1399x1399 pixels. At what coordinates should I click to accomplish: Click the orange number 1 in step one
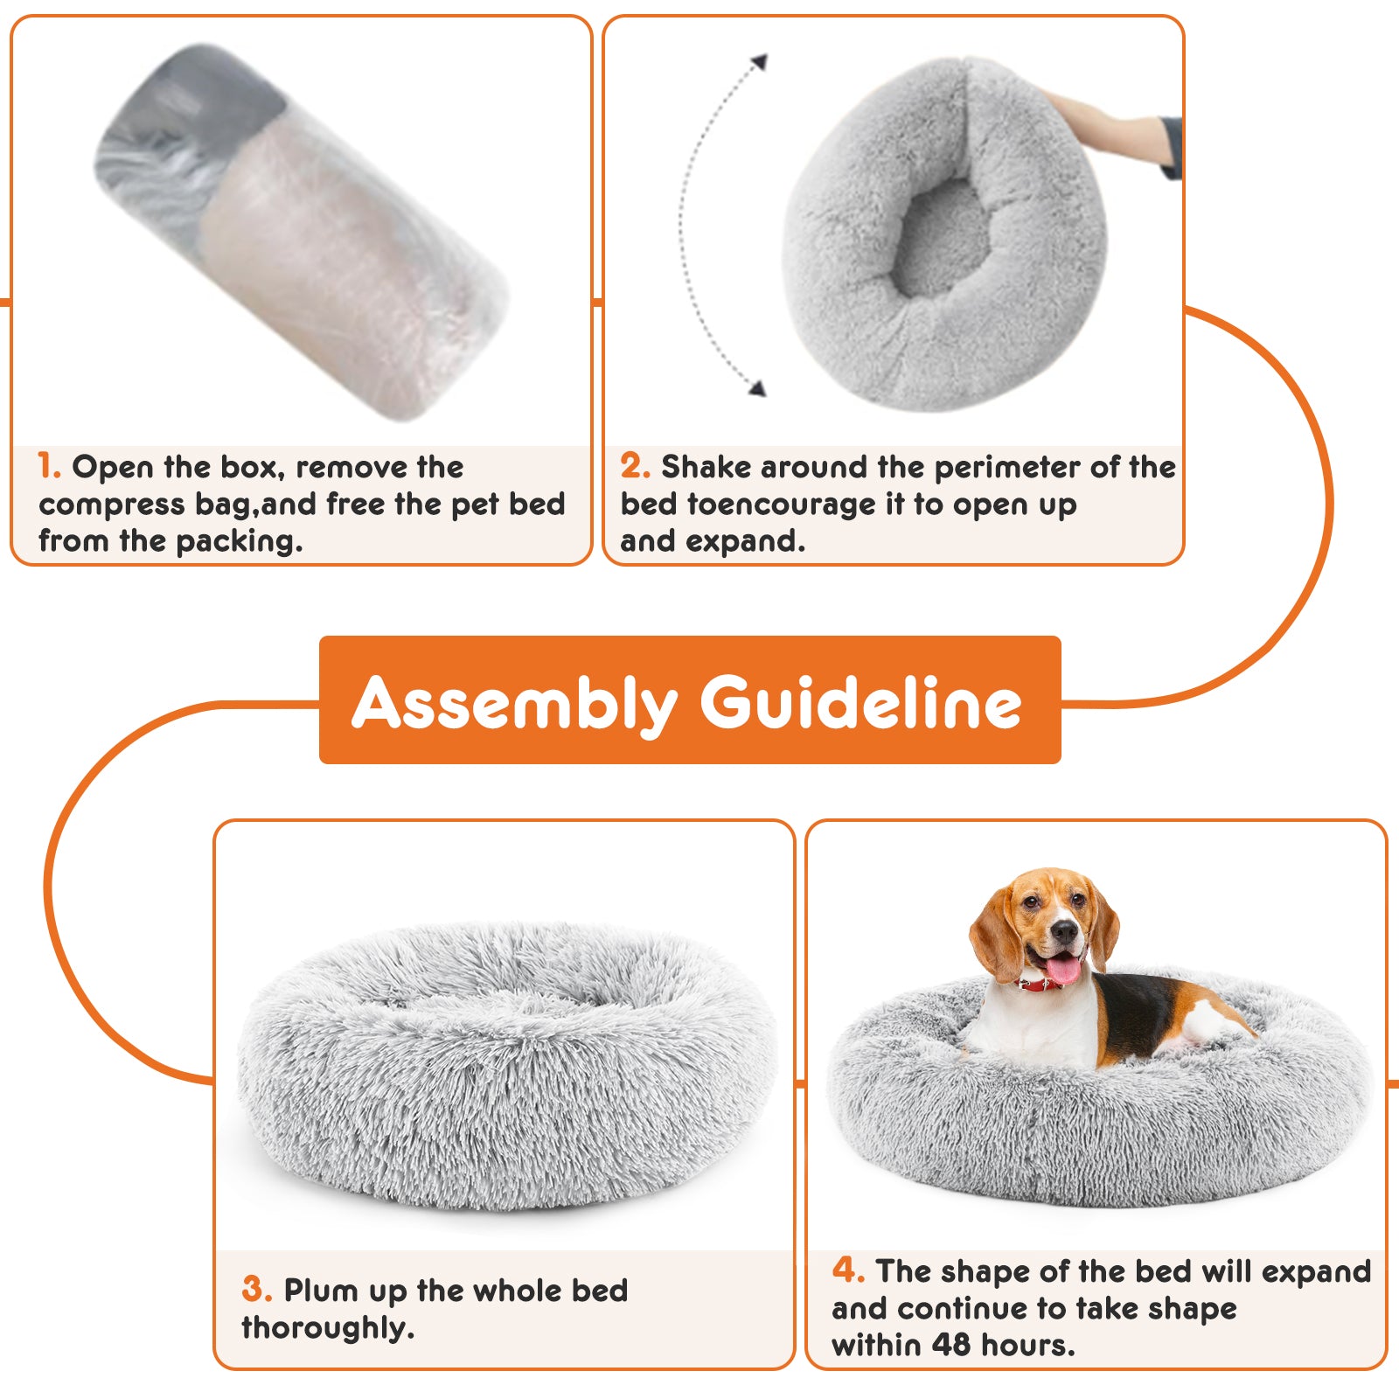49,466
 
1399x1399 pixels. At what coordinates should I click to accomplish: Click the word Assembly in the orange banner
514,704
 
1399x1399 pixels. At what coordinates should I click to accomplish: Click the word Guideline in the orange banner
860,702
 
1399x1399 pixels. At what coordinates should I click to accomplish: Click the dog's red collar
1041,985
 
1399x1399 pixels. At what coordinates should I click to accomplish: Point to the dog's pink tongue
1063,969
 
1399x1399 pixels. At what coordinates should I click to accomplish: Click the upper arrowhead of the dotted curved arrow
760,62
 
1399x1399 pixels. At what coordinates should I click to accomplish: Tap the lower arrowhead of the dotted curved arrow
757,388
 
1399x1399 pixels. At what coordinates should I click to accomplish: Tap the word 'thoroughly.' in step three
328,1328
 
